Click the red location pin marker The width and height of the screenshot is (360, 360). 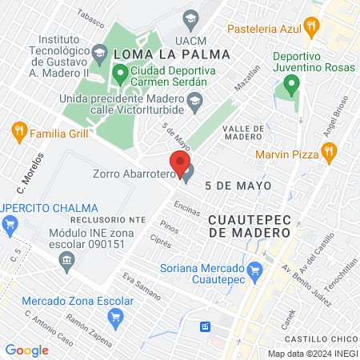click(x=180, y=164)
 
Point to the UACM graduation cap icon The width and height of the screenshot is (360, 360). click(x=190, y=17)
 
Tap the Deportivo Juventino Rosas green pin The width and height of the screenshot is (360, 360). click(x=292, y=82)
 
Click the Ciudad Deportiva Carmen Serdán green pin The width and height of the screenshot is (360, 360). click(x=120, y=75)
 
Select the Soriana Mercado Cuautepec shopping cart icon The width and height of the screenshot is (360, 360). click(x=255, y=270)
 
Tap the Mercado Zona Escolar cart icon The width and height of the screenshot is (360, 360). click(x=115, y=316)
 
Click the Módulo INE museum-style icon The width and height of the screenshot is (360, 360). click(x=67, y=258)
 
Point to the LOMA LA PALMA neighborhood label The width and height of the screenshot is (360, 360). click(x=172, y=54)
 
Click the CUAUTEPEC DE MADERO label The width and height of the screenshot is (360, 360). click(x=248, y=224)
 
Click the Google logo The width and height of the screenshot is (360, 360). click(x=26, y=350)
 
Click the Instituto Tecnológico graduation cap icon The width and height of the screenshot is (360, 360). click(x=99, y=54)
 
